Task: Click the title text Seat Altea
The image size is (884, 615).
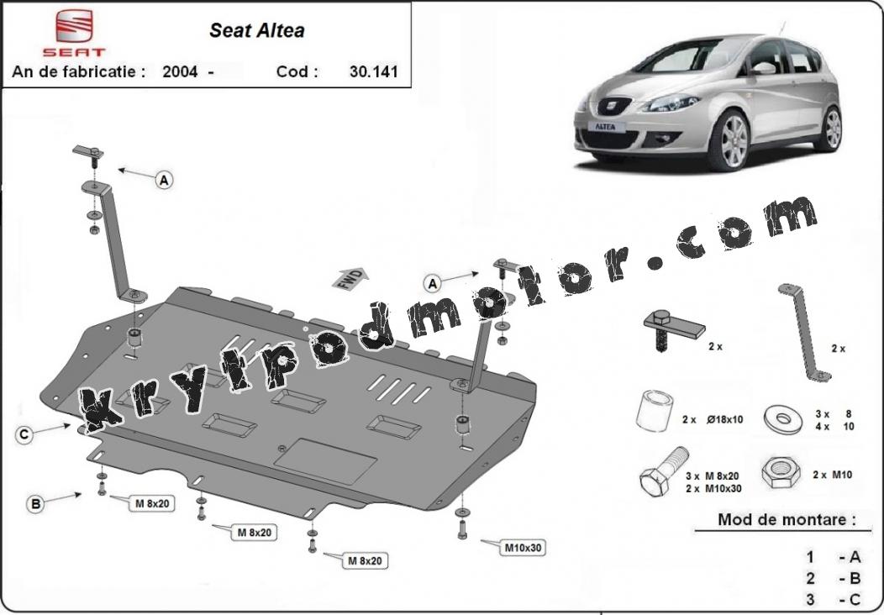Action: [x=256, y=30]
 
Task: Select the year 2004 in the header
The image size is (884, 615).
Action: [x=180, y=71]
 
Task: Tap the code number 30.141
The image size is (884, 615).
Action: [x=373, y=71]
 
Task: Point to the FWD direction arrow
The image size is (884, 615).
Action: [x=350, y=278]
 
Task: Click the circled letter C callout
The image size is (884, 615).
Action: [x=24, y=434]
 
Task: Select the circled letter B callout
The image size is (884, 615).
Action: [x=35, y=503]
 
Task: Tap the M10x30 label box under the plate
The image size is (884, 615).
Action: [x=523, y=547]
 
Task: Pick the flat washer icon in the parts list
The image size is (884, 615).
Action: [x=784, y=418]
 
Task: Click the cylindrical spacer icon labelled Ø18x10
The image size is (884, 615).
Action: [x=655, y=410]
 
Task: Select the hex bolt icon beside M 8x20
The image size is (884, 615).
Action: [x=663, y=472]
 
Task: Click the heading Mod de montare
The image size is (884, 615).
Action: [x=787, y=519]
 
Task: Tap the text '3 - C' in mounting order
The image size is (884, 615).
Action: [x=834, y=599]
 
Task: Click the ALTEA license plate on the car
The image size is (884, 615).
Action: [x=606, y=127]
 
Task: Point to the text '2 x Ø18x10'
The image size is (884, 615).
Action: [x=713, y=419]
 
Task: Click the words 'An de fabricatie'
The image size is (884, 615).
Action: [x=79, y=71]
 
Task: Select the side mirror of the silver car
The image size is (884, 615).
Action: [x=765, y=68]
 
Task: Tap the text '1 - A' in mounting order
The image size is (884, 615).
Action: [x=834, y=557]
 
